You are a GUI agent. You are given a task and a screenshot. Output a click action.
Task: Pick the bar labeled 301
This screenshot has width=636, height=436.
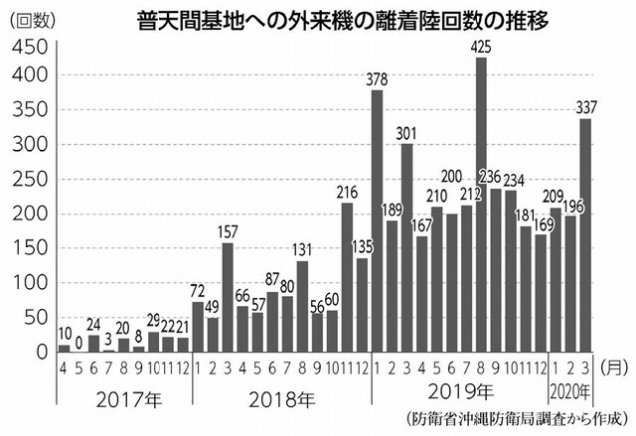pos(407,247)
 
